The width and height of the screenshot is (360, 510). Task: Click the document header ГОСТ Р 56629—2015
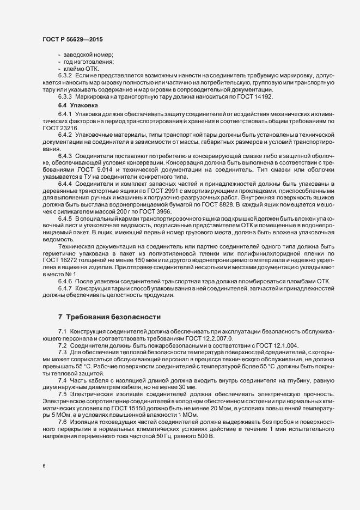click(72, 40)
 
